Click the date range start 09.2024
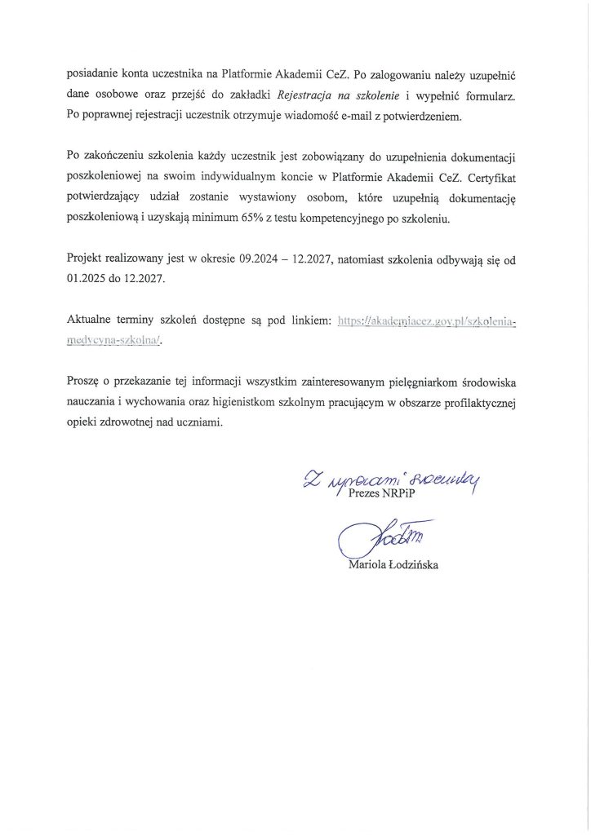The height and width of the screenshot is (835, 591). [x=260, y=260]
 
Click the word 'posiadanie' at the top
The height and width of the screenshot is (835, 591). [x=93, y=74]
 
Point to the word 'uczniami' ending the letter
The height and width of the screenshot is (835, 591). [x=198, y=425]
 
